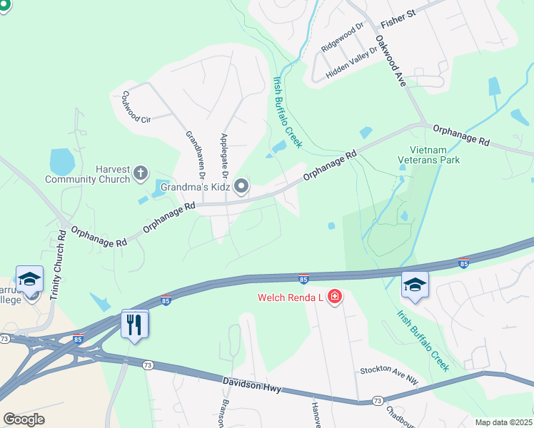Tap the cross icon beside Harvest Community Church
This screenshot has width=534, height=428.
pyautogui.click(x=141, y=172)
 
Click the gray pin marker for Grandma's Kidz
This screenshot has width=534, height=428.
pyautogui.click(x=242, y=187)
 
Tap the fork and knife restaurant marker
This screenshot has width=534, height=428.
pyautogui.click(x=134, y=325)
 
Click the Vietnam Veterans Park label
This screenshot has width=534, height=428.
pyautogui.click(x=428, y=155)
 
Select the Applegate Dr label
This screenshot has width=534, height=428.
pyautogui.click(x=224, y=156)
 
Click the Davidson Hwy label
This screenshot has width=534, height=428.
pyautogui.click(x=251, y=387)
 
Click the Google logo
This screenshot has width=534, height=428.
pyautogui.click(x=24, y=419)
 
